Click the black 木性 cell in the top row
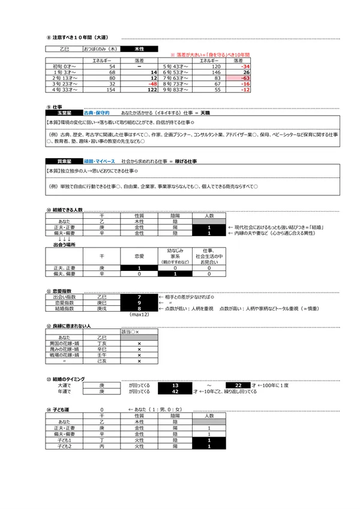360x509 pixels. tap(140, 49)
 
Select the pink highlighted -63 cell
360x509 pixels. tap(237, 78)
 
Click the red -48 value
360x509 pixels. tap(151, 84)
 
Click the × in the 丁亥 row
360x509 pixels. tap(139, 344)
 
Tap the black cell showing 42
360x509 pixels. tap(175, 391)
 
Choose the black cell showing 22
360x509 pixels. tap(238, 384)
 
